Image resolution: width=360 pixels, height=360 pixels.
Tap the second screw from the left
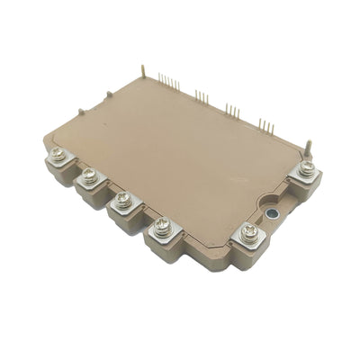(x=89, y=177)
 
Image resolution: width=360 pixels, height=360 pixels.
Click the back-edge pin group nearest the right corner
(x=265, y=124)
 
